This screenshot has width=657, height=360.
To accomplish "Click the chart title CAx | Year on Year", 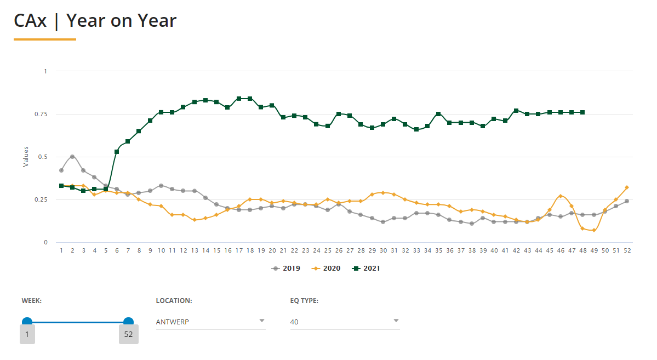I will point(95,21).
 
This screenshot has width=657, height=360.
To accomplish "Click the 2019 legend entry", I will point(287,268).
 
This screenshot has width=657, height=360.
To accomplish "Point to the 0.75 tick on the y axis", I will point(42,114).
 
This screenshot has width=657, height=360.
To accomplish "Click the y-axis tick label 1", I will point(46,71).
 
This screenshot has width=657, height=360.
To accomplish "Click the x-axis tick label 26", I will point(339,250).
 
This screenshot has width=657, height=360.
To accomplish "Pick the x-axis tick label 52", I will point(627,250).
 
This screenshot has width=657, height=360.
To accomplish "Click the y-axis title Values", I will point(25,157).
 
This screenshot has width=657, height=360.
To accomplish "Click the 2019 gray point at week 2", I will point(72,157).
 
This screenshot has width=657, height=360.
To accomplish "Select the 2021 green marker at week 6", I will point(117,152).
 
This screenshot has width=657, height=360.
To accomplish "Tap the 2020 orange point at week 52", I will point(627,187).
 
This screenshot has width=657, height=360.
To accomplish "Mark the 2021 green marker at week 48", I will point(582,112).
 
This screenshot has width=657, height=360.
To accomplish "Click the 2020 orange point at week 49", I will point(593,230).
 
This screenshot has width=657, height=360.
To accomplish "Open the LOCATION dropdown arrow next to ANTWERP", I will point(262,321).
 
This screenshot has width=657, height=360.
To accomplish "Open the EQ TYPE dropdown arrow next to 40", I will point(396,321).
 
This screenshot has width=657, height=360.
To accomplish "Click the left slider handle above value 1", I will point(27,322).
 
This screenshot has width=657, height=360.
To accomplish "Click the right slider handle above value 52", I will point(128,322).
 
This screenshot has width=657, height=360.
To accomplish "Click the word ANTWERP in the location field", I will point(173,322).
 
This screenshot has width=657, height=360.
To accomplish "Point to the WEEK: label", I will point(32,301).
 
